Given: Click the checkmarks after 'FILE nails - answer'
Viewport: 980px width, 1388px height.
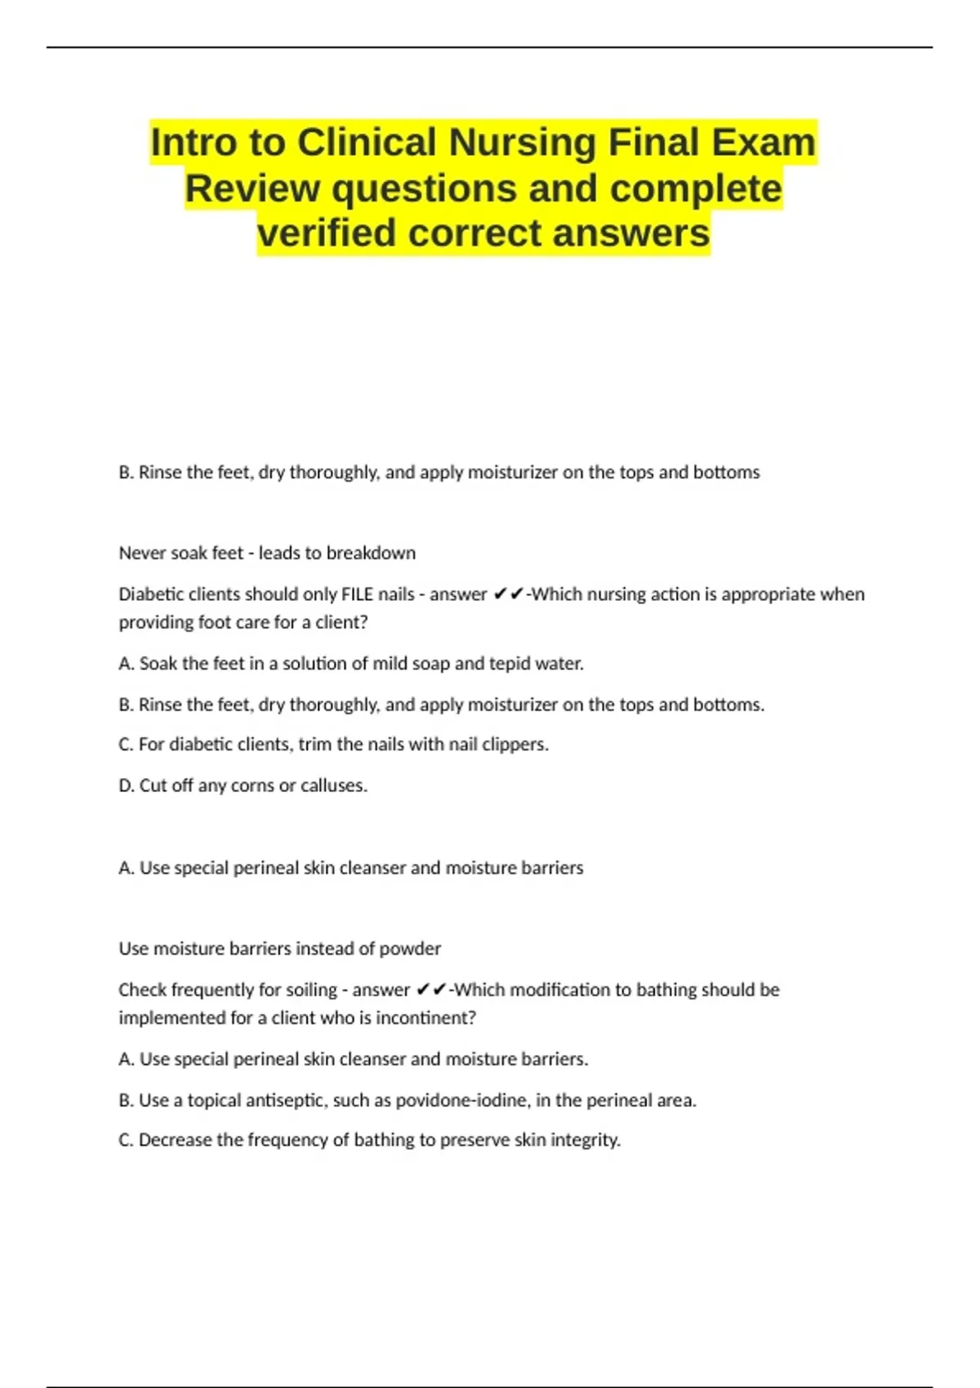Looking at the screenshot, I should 508,594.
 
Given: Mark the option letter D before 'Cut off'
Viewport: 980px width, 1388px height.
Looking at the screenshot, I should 126,785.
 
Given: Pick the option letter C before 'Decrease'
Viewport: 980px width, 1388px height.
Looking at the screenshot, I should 126,1140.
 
